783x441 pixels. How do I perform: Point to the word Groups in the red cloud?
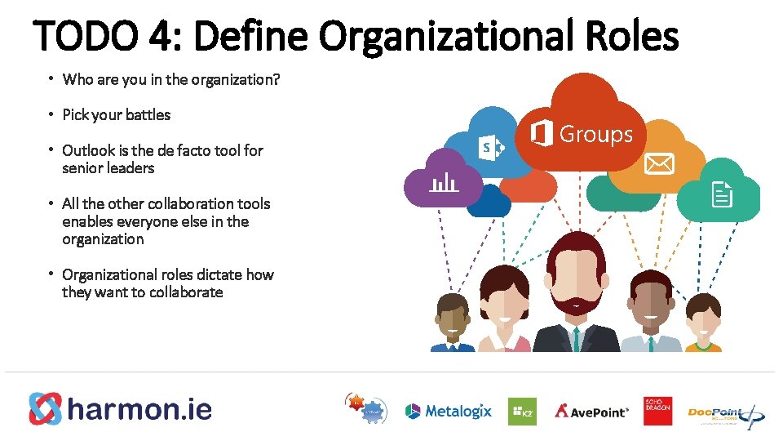[595, 134]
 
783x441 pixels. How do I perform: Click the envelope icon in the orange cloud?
[659, 164]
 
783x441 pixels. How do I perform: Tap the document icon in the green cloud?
[722, 194]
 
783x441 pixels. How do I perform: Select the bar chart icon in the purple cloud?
[443, 181]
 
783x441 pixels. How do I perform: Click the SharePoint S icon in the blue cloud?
[491, 148]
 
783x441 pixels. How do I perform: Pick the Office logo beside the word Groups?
[541, 133]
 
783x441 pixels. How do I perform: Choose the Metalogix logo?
[449, 411]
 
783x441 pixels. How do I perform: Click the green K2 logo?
[522, 412]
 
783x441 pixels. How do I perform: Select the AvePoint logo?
[592, 412]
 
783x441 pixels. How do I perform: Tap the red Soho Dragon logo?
[657, 412]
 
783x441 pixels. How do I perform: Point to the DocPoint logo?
[724, 413]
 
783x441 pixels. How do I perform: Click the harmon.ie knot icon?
[46, 409]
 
